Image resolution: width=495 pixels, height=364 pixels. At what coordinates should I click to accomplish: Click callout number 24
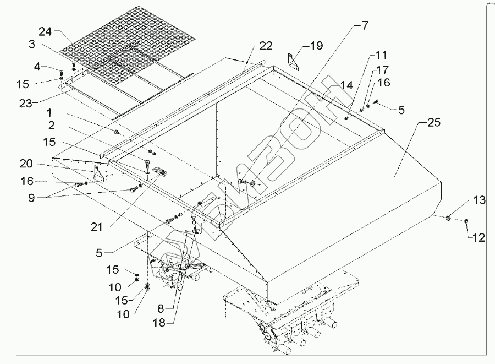click(45, 31)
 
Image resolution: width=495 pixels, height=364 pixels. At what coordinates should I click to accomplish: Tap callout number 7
click(365, 25)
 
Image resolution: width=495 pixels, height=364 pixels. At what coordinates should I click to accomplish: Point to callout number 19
click(316, 46)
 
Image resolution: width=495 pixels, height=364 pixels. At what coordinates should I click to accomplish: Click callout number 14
click(346, 85)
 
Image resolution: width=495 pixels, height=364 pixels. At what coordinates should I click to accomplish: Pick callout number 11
click(382, 56)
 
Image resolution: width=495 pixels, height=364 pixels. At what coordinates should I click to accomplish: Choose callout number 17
click(382, 70)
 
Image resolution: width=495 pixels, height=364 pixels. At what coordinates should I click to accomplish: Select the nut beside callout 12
click(465, 221)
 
